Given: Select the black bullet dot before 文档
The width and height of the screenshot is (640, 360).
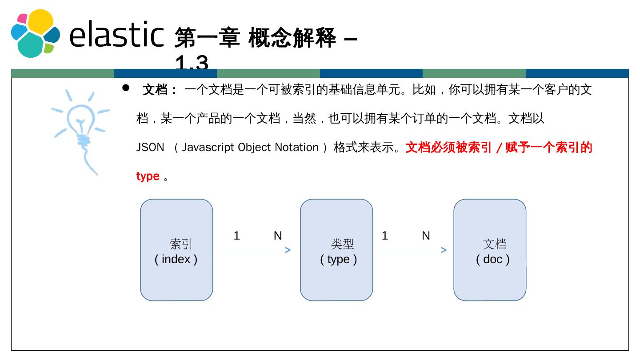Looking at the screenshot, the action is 126,88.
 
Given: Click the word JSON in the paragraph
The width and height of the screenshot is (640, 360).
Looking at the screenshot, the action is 150,148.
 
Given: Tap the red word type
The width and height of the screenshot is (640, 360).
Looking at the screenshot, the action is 148,176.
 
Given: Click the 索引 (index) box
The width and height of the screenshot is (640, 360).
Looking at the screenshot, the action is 176,250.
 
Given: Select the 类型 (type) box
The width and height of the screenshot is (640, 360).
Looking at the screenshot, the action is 336,250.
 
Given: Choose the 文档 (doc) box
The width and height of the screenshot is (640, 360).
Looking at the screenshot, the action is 490,250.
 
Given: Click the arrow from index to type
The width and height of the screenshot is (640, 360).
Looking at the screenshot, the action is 256,250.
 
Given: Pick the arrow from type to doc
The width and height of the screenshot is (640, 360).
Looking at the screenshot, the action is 412,250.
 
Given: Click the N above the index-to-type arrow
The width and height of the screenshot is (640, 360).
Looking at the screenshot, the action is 278,236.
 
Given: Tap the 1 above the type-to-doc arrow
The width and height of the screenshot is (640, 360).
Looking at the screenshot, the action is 385,236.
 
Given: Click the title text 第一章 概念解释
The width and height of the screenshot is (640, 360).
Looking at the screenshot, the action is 256,38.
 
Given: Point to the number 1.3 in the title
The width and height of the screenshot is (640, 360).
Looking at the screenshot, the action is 192,64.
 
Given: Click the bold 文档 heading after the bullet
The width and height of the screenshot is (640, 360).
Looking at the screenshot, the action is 155,90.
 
